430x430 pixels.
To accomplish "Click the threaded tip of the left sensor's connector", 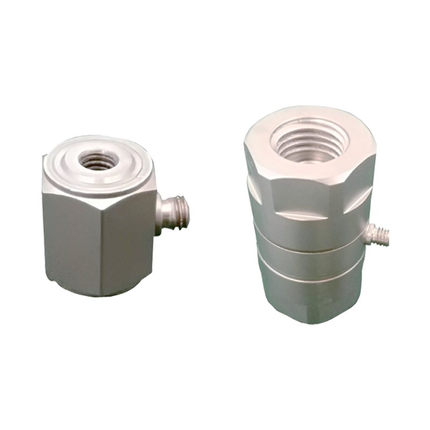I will (182, 212).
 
